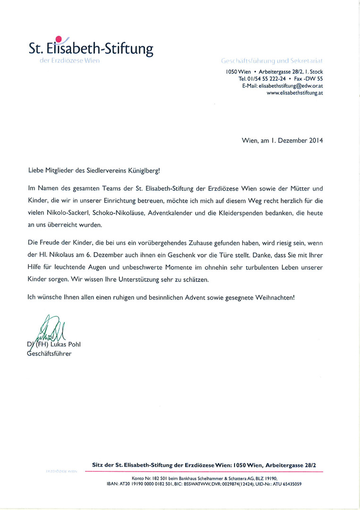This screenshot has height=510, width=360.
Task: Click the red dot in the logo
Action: click(59, 39)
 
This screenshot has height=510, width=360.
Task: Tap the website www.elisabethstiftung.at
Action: click(295, 93)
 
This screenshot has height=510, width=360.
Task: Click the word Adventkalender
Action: click(171, 213)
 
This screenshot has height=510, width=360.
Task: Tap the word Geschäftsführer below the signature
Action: click(49, 353)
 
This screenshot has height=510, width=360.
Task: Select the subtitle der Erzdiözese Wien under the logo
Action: click(69, 61)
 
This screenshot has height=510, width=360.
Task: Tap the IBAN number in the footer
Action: click(144, 484)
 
